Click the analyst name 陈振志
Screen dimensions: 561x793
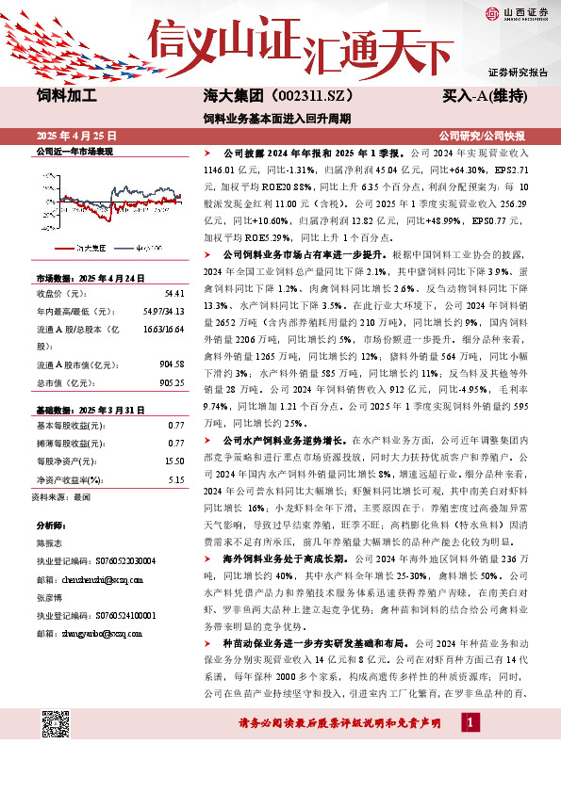click(48, 543)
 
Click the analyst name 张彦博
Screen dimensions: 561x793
click(48, 598)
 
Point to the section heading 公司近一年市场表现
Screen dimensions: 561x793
click(74, 152)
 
